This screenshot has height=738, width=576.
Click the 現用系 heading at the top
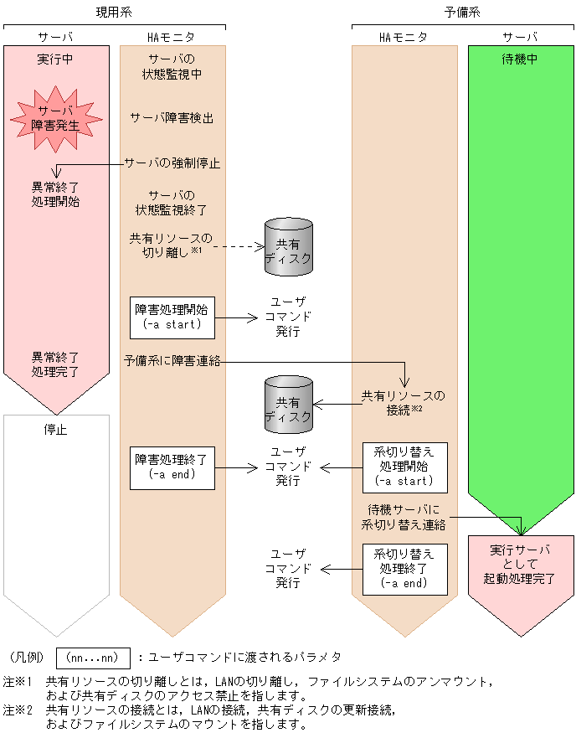tap(115, 12)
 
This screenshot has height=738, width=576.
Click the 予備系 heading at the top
tap(461, 12)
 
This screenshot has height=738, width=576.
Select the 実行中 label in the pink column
tap(55, 60)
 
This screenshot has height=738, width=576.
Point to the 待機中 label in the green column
tap(520, 60)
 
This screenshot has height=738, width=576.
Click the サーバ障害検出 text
tap(172, 118)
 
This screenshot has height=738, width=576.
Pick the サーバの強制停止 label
tap(172, 163)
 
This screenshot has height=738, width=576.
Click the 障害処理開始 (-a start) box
tap(172, 316)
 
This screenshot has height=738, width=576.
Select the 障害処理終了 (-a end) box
tap(172, 467)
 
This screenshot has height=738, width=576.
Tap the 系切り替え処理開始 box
tap(404, 467)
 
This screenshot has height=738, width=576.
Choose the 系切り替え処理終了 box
tap(404, 568)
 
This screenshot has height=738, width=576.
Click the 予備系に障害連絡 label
tap(173, 361)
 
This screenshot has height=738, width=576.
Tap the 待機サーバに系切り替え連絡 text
tap(404, 517)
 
